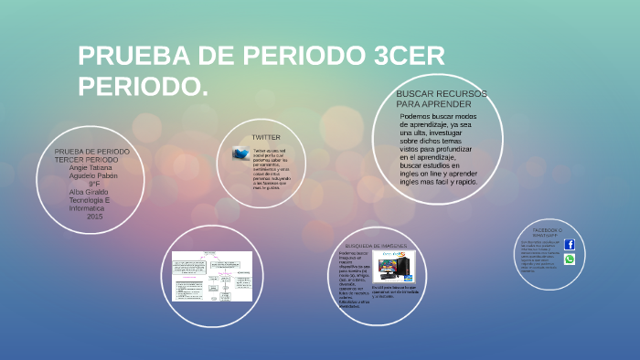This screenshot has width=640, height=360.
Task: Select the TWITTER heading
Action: pos(265,137)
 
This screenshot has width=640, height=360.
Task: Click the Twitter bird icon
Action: pos(240,154)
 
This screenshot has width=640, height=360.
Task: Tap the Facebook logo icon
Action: pos(570,245)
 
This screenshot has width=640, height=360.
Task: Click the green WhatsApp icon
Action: pos(570,259)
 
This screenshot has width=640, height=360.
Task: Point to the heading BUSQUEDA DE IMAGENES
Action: pos(376,246)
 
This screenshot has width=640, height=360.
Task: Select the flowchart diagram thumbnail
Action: pos(212,276)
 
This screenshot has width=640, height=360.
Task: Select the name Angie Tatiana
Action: pos(91,167)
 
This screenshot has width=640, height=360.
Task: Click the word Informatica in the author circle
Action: pos(87,208)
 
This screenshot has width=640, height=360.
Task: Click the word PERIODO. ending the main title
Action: pos(143,87)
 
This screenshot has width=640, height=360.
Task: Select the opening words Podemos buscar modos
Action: pos(438,116)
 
